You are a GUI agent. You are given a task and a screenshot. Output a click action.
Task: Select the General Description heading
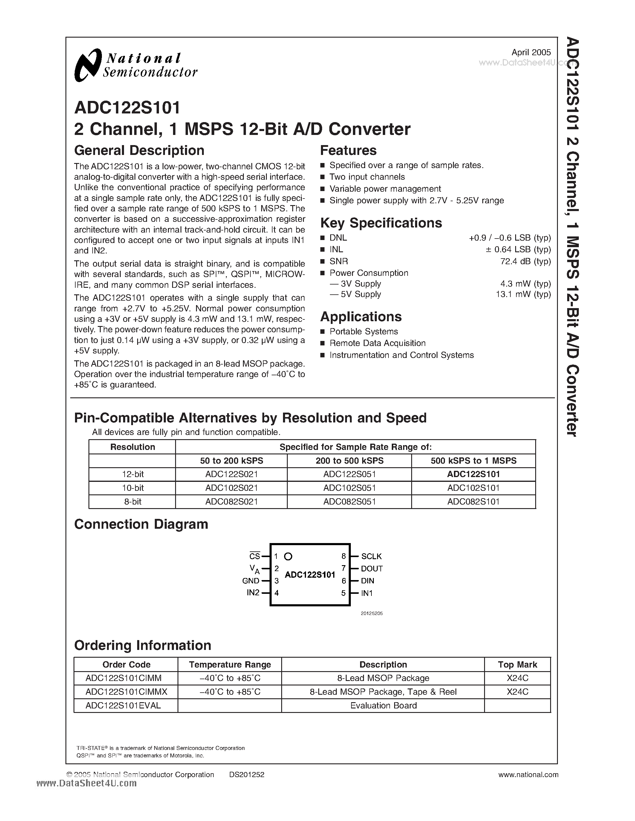pyautogui.click(x=139, y=150)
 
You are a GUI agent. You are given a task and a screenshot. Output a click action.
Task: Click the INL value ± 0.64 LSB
pyautogui.click(x=523, y=249)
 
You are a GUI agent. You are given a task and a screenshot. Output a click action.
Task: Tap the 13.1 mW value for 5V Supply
pyautogui.click(x=523, y=294)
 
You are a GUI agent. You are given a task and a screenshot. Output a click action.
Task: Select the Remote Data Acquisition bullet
pyautogui.click(x=377, y=343)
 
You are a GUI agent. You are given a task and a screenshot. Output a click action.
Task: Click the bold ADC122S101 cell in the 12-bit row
pyautogui.click(x=473, y=474)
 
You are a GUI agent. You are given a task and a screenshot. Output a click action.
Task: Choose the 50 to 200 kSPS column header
pyautogui.click(x=231, y=461)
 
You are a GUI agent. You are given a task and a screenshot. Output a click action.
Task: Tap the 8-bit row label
pyautogui.click(x=132, y=502)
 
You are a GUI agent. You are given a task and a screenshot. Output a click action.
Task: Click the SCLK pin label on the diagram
pyautogui.click(x=371, y=556)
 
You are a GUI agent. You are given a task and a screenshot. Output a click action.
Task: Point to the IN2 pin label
pyautogui.click(x=253, y=593)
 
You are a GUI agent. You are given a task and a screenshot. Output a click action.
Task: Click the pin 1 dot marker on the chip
pyautogui.click(x=288, y=556)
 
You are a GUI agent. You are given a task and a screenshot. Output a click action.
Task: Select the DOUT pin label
pyautogui.click(x=372, y=568)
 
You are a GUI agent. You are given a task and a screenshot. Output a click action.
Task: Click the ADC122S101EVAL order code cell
pyautogui.click(x=123, y=705)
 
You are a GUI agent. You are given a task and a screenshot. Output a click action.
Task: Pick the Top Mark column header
pyautogui.click(x=517, y=665)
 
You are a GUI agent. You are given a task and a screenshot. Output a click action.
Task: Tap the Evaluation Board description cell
pyautogui.click(x=383, y=705)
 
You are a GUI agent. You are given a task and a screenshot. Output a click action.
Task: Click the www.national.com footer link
pyautogui.click(x=528, y=774)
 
